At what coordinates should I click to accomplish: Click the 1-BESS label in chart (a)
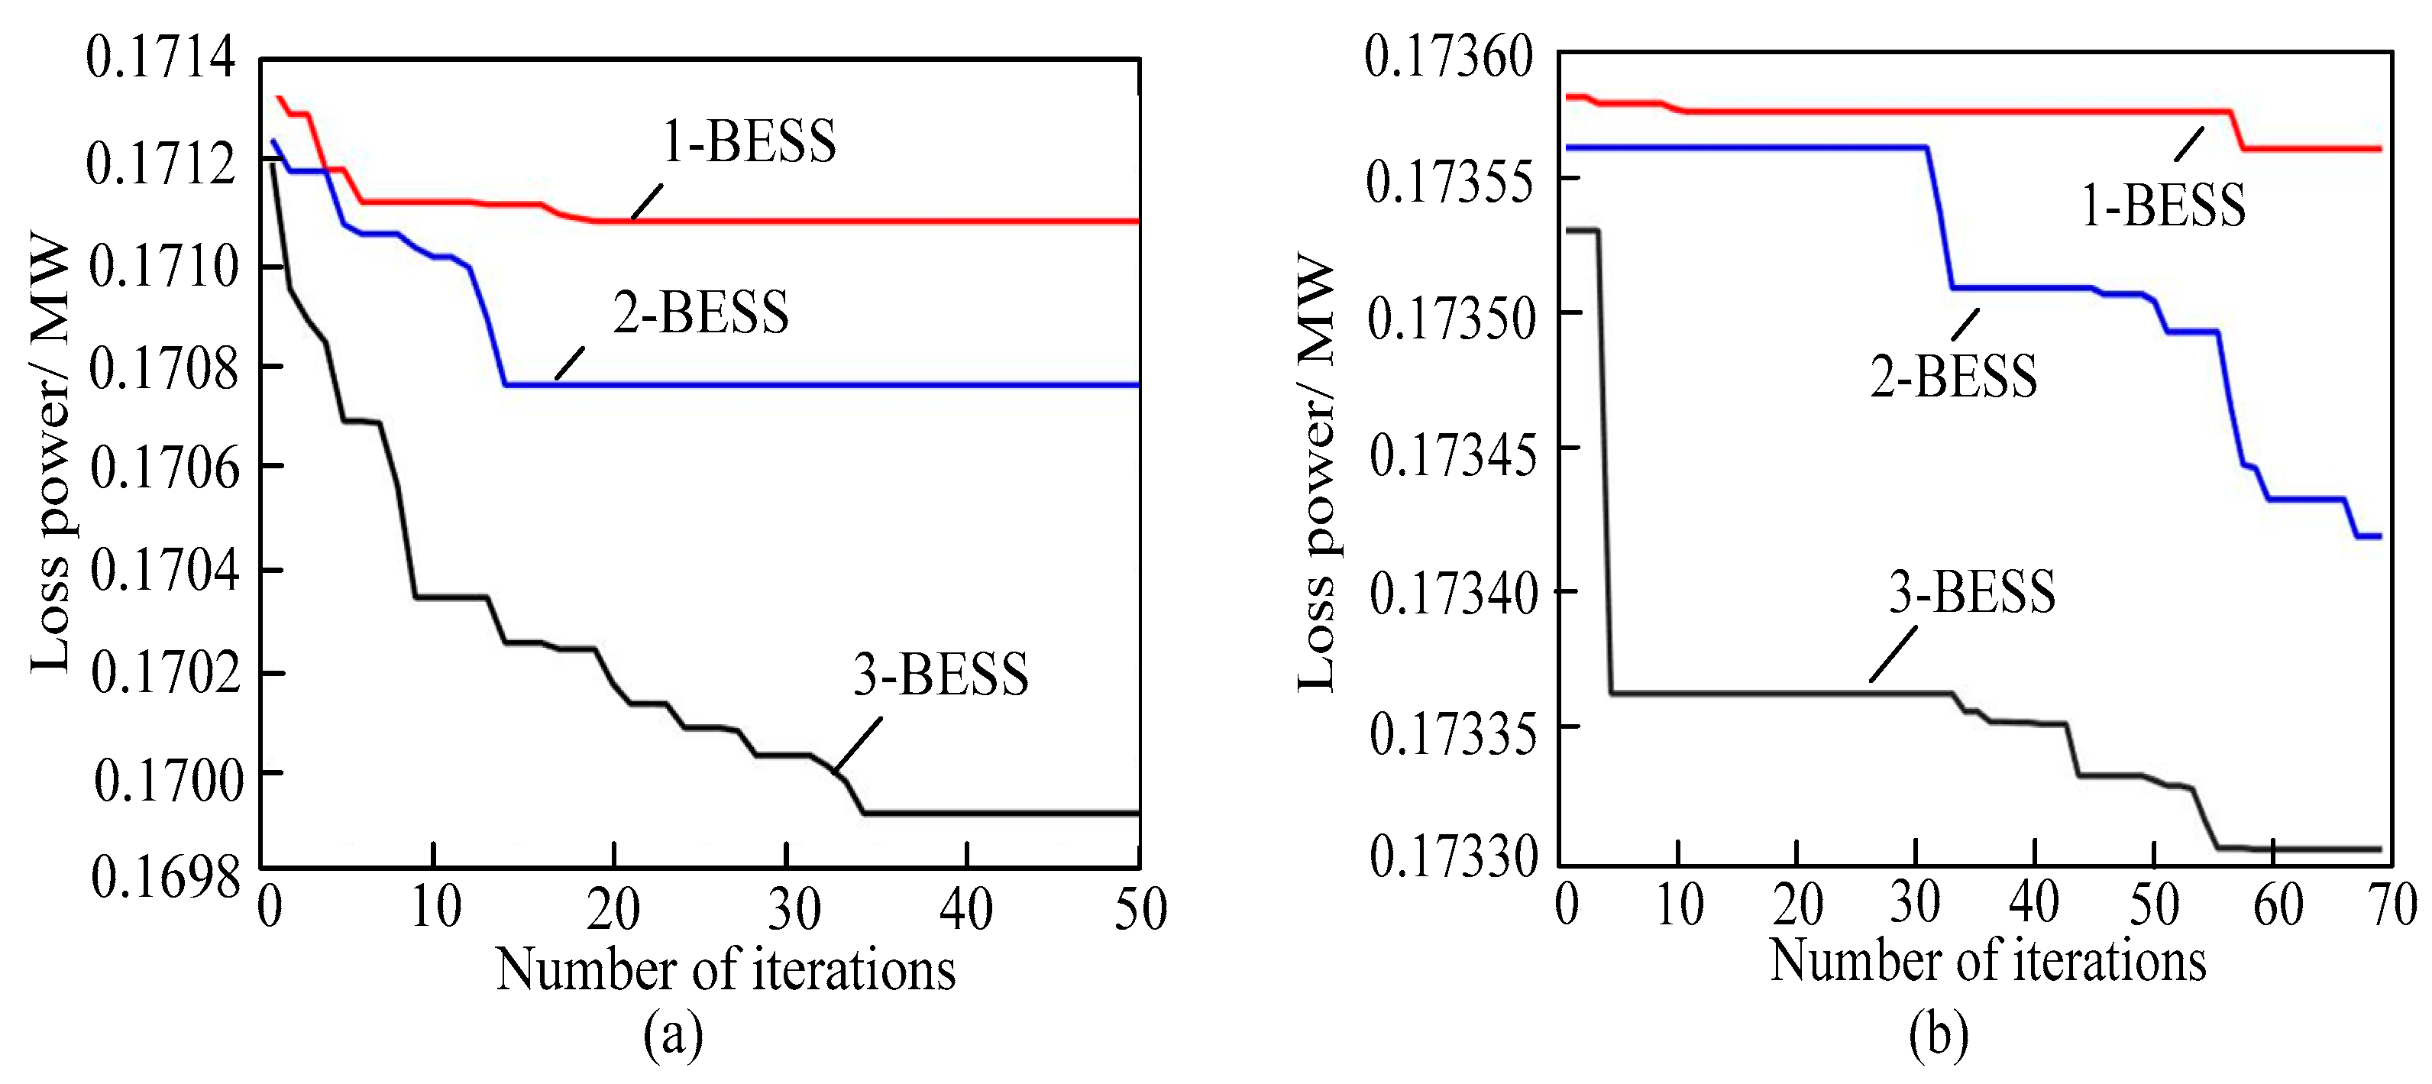[749, 143]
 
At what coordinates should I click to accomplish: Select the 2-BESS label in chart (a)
[700, 312]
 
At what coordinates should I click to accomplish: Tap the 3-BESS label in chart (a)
[940, 675]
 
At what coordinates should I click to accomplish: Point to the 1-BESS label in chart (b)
[2163, 205]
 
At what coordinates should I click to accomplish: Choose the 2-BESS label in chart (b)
[1953, 376]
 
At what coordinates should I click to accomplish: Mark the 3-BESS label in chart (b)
[1971, 592]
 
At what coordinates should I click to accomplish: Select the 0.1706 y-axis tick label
[165, 468]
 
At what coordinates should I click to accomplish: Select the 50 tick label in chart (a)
[1140, 908]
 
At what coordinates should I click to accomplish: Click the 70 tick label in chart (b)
[2393, 904]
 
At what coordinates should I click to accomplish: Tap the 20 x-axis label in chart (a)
[613, 908]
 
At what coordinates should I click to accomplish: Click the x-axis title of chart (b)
[1987, 960]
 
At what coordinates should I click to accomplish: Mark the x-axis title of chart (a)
[725, 969]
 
